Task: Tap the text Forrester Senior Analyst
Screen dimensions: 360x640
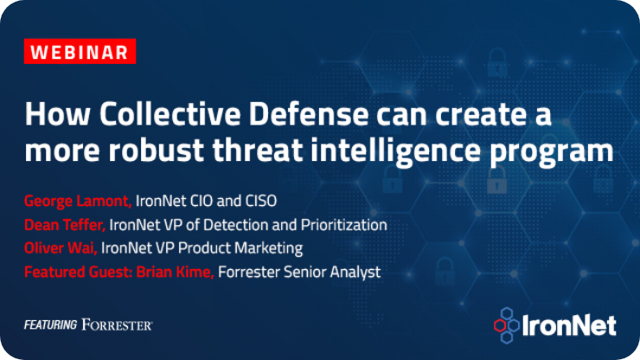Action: (x=299, y=273)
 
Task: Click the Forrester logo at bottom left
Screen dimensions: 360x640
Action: (x=118, y=325)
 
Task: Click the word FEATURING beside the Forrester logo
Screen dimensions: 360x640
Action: (x=51, y=325)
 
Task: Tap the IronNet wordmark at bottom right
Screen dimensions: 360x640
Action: (x=570, y=325)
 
